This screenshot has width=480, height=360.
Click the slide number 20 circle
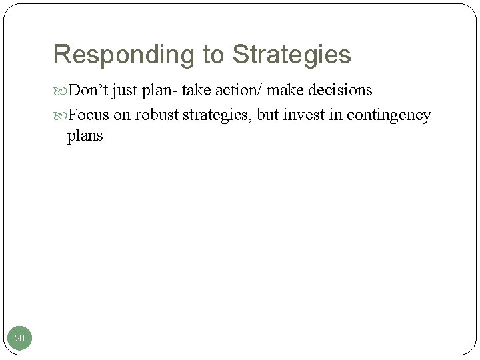tap(20, 339)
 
